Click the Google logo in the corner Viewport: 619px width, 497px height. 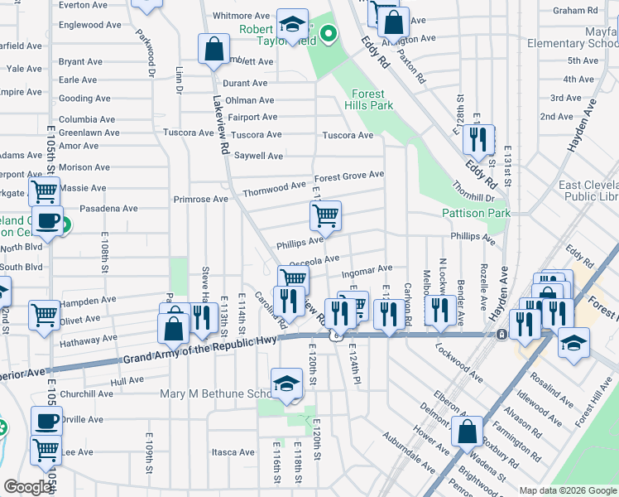point(27,487)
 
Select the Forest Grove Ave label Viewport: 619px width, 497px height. point(348,176)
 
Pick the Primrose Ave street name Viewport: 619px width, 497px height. point(200,200)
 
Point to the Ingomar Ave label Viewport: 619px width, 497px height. point(367,269)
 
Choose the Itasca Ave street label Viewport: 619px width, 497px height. point(233,452)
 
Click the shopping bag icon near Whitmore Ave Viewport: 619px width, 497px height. point(214,48)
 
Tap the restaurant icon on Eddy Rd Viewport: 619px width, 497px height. point(477,139)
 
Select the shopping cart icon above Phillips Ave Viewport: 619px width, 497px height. point(325,217)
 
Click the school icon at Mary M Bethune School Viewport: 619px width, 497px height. point(286,384)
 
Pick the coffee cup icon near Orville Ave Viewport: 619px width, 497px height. point(46,421)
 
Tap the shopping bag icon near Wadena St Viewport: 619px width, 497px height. point(468,431)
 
